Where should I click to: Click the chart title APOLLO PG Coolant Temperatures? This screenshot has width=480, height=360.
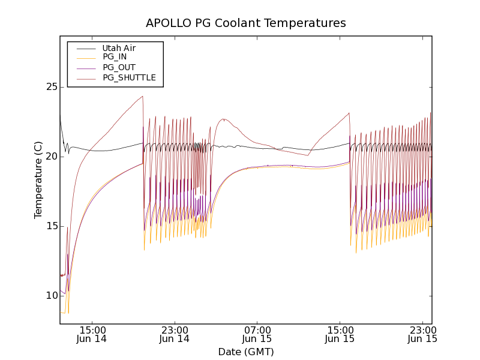246,23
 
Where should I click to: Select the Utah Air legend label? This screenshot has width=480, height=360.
119,48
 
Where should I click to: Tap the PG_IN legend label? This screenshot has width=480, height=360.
115,57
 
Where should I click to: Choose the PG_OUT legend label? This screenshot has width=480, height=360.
119,67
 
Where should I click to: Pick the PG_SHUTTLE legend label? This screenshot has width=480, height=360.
129,77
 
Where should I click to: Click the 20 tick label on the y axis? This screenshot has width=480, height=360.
50,157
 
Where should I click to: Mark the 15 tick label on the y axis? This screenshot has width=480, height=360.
50,226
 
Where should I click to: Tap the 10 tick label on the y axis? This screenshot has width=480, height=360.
50,296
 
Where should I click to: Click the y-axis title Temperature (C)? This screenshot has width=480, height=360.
38,180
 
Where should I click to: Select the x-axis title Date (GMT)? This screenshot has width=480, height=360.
246,352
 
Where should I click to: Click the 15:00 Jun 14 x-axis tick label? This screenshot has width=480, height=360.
92,334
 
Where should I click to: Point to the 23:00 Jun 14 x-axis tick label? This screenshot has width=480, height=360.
175,334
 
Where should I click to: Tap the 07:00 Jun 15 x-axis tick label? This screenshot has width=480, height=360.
257,334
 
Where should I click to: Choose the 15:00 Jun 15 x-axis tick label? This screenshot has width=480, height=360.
340,334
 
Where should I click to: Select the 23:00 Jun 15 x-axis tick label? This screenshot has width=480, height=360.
422,334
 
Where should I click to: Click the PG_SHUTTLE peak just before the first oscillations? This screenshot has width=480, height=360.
142,96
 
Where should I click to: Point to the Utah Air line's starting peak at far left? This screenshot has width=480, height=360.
60,114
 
